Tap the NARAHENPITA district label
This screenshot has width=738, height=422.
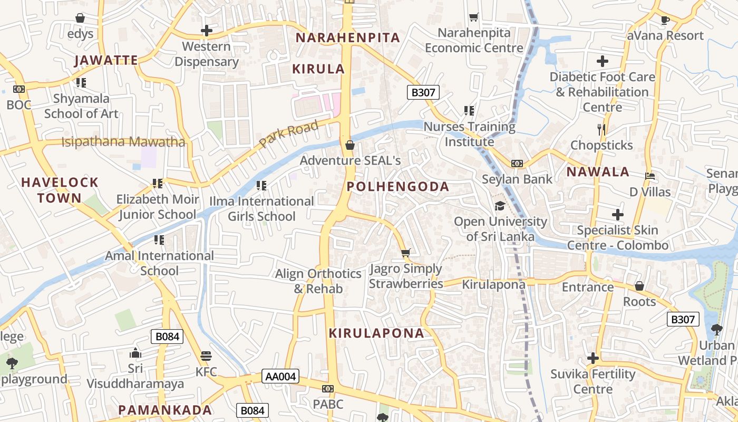pos(348,38)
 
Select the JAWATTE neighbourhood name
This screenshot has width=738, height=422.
pos(106,60)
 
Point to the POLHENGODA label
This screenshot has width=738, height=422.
pos(398,186)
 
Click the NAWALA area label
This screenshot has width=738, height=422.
pos(598,171)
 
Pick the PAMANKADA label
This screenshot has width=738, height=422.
pos(165,410)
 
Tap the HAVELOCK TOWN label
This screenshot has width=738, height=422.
pos(60,190)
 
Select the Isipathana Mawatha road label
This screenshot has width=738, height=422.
pos(123,142)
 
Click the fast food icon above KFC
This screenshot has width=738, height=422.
pos(206,356)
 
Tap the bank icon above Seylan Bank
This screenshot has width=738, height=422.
pos(517,164)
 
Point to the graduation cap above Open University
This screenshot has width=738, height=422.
pos(500,206)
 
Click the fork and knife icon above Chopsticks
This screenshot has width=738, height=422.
pos(601,129)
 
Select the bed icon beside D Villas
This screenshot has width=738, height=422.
pos(650,176)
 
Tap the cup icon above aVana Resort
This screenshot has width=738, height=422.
pos(665,21)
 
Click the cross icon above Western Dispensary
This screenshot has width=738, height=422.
pos(207,31)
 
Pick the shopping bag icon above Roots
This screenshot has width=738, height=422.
pos(639,286)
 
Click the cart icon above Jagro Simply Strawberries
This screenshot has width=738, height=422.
pos(405,253)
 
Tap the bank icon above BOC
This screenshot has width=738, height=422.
pos(19,89)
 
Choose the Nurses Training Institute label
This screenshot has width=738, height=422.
pos(469,134)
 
